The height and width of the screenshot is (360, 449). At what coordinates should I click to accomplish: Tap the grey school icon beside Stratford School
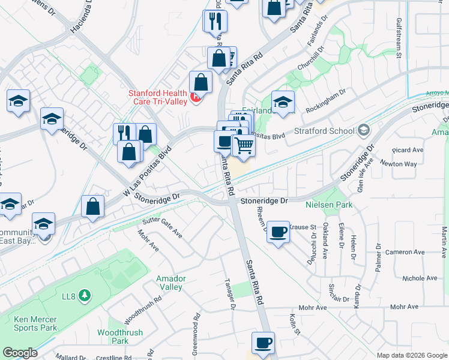click(363, 130)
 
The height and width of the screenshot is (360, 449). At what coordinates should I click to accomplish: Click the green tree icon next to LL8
click(85, 295)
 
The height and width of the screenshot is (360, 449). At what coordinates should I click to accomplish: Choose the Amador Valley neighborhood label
click(170, 283)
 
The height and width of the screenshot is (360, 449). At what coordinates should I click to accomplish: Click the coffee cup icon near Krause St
click(278, 232)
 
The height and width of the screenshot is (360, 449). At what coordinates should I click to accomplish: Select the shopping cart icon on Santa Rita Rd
click(244, 146)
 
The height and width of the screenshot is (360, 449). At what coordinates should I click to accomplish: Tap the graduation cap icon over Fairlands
click(283, 101)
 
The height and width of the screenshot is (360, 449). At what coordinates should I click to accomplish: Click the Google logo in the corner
click(20, 353)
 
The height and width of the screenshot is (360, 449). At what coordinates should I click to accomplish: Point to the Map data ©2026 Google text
click(412, 355)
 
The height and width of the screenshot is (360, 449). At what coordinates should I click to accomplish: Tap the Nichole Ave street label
click(420, 278)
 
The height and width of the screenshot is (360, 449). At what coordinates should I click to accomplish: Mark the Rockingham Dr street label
click(327, 101)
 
